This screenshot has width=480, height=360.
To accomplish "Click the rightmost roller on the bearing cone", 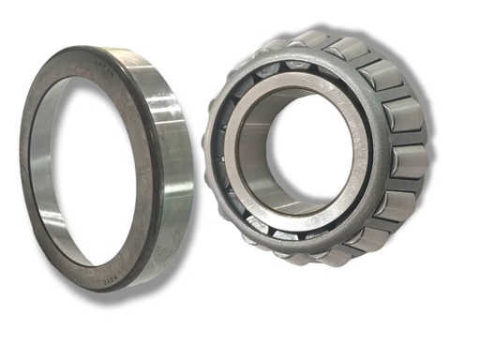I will pos(409,160).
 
